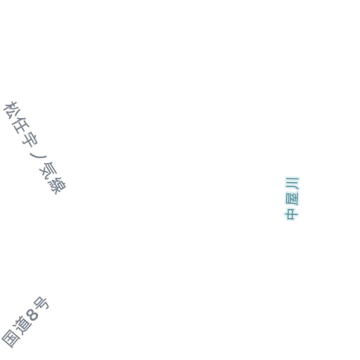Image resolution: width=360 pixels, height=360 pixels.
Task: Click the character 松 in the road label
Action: [x=11, y=110]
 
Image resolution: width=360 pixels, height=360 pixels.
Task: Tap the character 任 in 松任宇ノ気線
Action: [x=21, y=125]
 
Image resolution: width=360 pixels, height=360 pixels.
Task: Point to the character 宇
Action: [x=30, y=139]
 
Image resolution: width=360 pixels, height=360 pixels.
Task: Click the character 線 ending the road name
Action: [x=57, y=185]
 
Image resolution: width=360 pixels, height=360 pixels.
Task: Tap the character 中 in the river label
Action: [x=291, y=214]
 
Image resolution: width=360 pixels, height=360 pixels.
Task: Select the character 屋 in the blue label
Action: [x=292, y=198]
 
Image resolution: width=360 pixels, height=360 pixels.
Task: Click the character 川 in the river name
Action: [x=292, y=184]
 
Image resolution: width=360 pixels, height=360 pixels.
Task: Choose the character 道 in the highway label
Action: [x=22, y=325]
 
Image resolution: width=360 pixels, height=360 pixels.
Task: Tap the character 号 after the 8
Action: [x=41, y=304]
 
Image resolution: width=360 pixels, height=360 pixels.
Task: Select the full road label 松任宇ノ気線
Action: [x=34, y=148]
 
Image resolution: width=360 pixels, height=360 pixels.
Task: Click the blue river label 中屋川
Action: [x=292, y=199]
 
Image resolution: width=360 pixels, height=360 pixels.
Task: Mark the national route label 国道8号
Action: [x=25, y=322]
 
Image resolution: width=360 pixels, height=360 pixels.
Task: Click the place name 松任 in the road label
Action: [x=16, y=117]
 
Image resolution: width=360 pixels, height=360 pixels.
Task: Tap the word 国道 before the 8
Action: [x=16, y=332]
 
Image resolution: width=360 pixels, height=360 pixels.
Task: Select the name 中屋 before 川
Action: [x=292, y=206]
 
